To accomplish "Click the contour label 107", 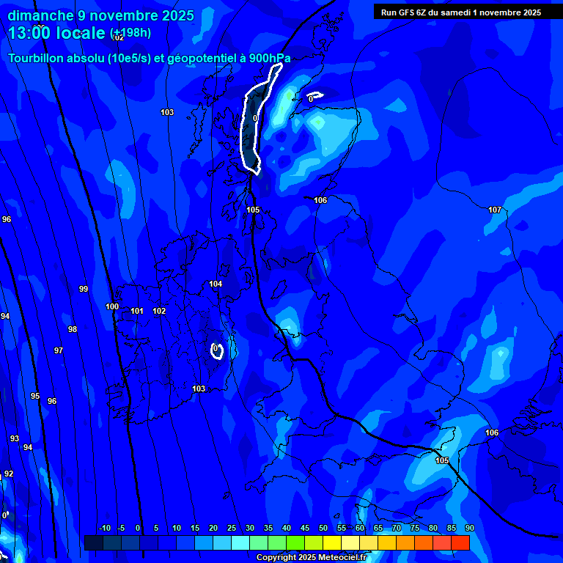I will click(495, 210).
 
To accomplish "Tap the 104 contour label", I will click(216, 284).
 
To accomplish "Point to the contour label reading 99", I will click(84, 289).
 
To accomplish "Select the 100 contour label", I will click(112, 307).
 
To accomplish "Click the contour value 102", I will click(159, 311).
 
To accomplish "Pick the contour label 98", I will click(73, 329).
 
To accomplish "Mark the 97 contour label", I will click(59, 350).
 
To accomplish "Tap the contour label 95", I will click(35, 396).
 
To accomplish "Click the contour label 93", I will click(15, 438).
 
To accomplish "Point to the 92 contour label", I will click(9, 474).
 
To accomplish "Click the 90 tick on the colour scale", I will click(469, 528).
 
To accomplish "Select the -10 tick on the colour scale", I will click(104, 528).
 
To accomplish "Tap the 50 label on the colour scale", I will click(323, 528).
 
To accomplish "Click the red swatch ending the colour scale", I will click(460, 542).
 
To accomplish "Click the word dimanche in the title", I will click(41, 15).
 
